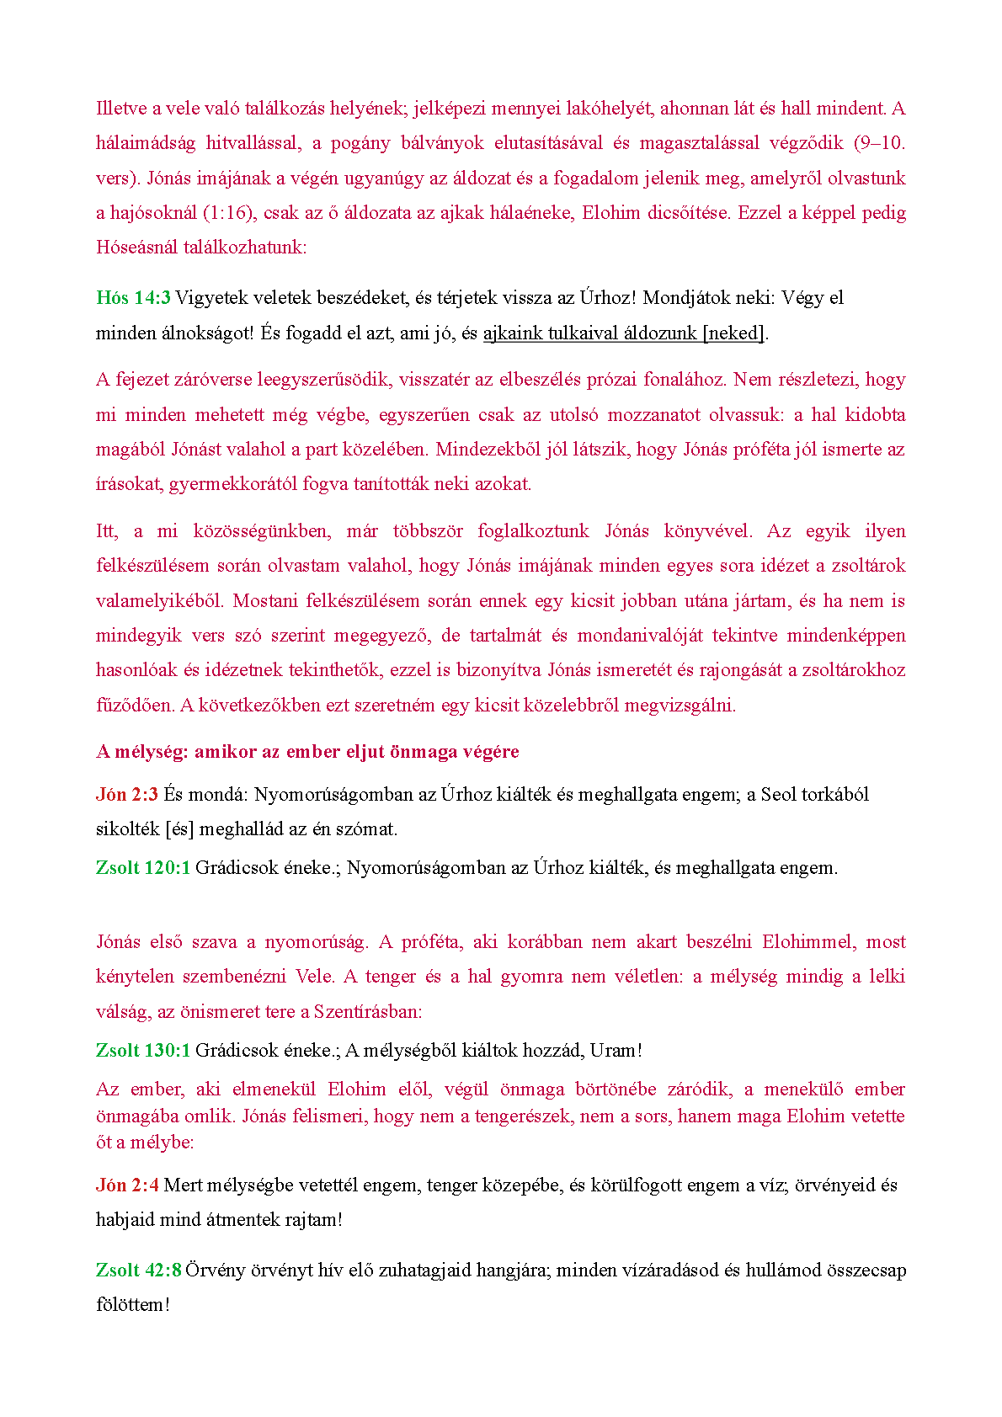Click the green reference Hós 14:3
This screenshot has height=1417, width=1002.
point(133,298)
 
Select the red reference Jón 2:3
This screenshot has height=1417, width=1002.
point(126,795)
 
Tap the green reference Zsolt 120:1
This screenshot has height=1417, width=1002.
point(143,868)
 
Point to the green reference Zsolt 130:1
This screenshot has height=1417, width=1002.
point(143,1051)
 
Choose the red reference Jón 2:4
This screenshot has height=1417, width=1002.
point(126,1185)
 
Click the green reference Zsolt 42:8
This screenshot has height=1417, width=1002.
point(138,1270)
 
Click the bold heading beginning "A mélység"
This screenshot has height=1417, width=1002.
point(307,752)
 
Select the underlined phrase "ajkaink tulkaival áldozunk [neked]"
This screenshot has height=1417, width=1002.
point(624,333)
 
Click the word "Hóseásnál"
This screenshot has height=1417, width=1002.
point(138,248)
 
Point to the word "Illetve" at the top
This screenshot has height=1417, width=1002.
point(121,109)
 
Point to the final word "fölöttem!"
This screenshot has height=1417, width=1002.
point(133,1305)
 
